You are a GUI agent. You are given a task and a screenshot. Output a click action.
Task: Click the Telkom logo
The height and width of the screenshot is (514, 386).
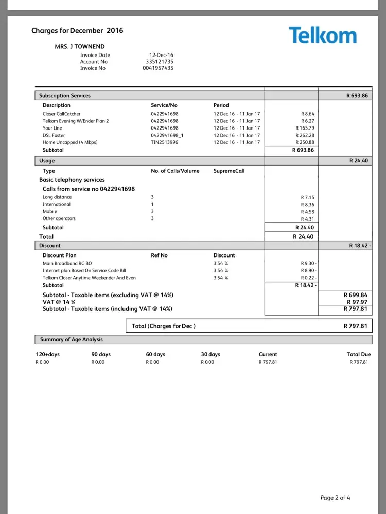pyautogui.click(x=322, y=35)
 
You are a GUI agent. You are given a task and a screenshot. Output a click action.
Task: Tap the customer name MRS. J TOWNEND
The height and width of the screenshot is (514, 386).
pyautogui.click(x=80, y=47)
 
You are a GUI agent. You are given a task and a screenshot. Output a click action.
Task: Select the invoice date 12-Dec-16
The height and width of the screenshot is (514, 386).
pyautogui.click(x=161, y=55)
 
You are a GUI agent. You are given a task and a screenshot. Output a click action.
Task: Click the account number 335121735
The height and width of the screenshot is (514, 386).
pyautogui.click(x=160, y=62)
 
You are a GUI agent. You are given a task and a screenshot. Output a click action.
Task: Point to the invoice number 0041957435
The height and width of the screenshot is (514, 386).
pyautogui.click(x=158, y=68)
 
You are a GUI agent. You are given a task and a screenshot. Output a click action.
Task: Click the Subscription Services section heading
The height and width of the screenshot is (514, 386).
pyautogui.click(x=65, y=96)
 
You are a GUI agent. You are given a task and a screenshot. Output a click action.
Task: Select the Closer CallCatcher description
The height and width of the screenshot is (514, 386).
pyautogui.click(x=61, y=114)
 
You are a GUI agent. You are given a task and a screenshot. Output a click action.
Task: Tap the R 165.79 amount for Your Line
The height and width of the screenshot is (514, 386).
pyautogui.click(x=305, y=128)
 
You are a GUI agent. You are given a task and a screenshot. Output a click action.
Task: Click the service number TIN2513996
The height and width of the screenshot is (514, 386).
pyautogui.click(x=165, y=142)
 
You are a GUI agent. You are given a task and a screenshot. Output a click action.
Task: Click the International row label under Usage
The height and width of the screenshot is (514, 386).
pyautogui.click(x=57, y=204)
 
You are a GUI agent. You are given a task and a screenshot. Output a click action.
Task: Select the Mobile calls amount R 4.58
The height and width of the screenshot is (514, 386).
pyautogui.click(x=307, y=211)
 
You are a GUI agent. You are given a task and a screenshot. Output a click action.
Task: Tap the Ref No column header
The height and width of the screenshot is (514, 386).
pyautogui.click(x=159, y=255)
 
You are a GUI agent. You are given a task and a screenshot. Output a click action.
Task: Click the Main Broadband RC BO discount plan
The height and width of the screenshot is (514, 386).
pyautogui.click(x=67, y=263)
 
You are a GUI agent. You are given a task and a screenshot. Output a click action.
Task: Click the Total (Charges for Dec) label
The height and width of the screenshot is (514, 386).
pyautogui.click(x=164, y=326)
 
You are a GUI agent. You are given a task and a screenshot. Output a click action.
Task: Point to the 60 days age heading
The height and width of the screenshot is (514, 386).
pyautogui.click(x=155, y=354)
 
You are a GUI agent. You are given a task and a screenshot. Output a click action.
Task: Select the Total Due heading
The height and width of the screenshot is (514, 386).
pyautogui.click(x=358, y=354)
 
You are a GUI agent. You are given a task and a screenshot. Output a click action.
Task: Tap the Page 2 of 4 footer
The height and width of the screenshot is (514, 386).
pyautogui.click(x=335, y=498)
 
